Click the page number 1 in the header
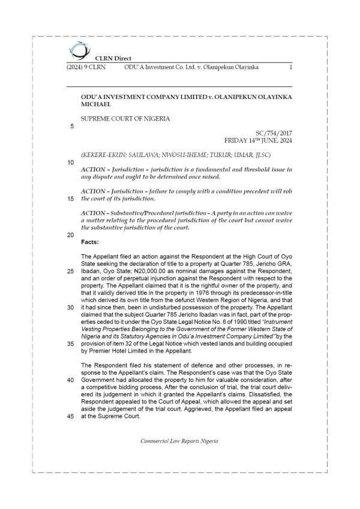tap(290, 68)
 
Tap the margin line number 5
tap(72, 127)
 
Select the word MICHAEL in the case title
tap(97, 104)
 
